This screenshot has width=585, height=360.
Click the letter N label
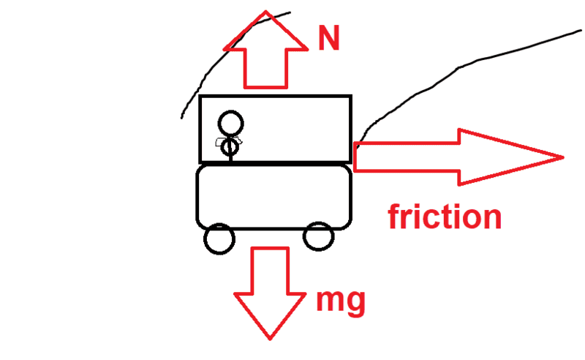pos(329,39)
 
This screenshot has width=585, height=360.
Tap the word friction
pos(445,217)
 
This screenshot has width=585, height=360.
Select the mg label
pos(340,300)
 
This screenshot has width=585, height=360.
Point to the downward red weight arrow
pos(270,293)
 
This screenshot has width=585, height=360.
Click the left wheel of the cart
pos(219,239)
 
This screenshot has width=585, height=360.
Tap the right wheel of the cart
pos(318,237)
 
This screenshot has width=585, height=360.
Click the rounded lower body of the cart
pos(274,196)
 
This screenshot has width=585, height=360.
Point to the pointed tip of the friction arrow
pos(562,157)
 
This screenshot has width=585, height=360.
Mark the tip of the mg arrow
pos(270,337)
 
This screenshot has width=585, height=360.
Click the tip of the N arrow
pos(266,12)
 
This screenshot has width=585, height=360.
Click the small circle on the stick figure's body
pos(230,147)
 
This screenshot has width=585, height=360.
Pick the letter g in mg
pos(354,303)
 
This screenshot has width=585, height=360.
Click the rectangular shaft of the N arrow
pos(266,70)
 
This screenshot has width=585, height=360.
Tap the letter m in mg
pos(329,300)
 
